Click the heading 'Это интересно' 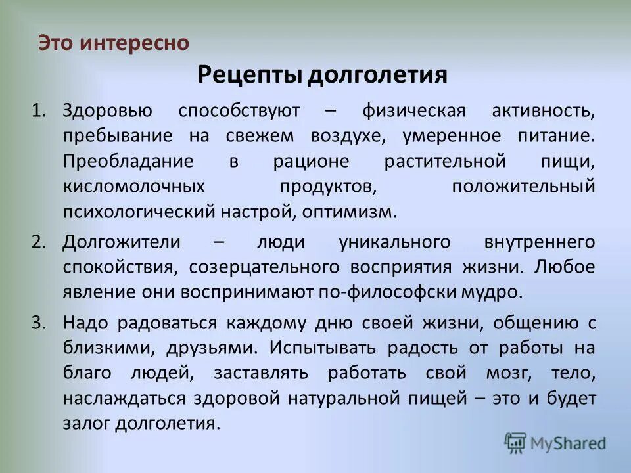pyautogui.click(x=114, y=43)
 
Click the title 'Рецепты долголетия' pyautogui.click(x=322, y=75)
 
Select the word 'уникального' pyautogui.click(x=394, y=242)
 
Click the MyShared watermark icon pyautogui.click(x=515, y=443)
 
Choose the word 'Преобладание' pyautogui.click(x=128, y=161)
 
